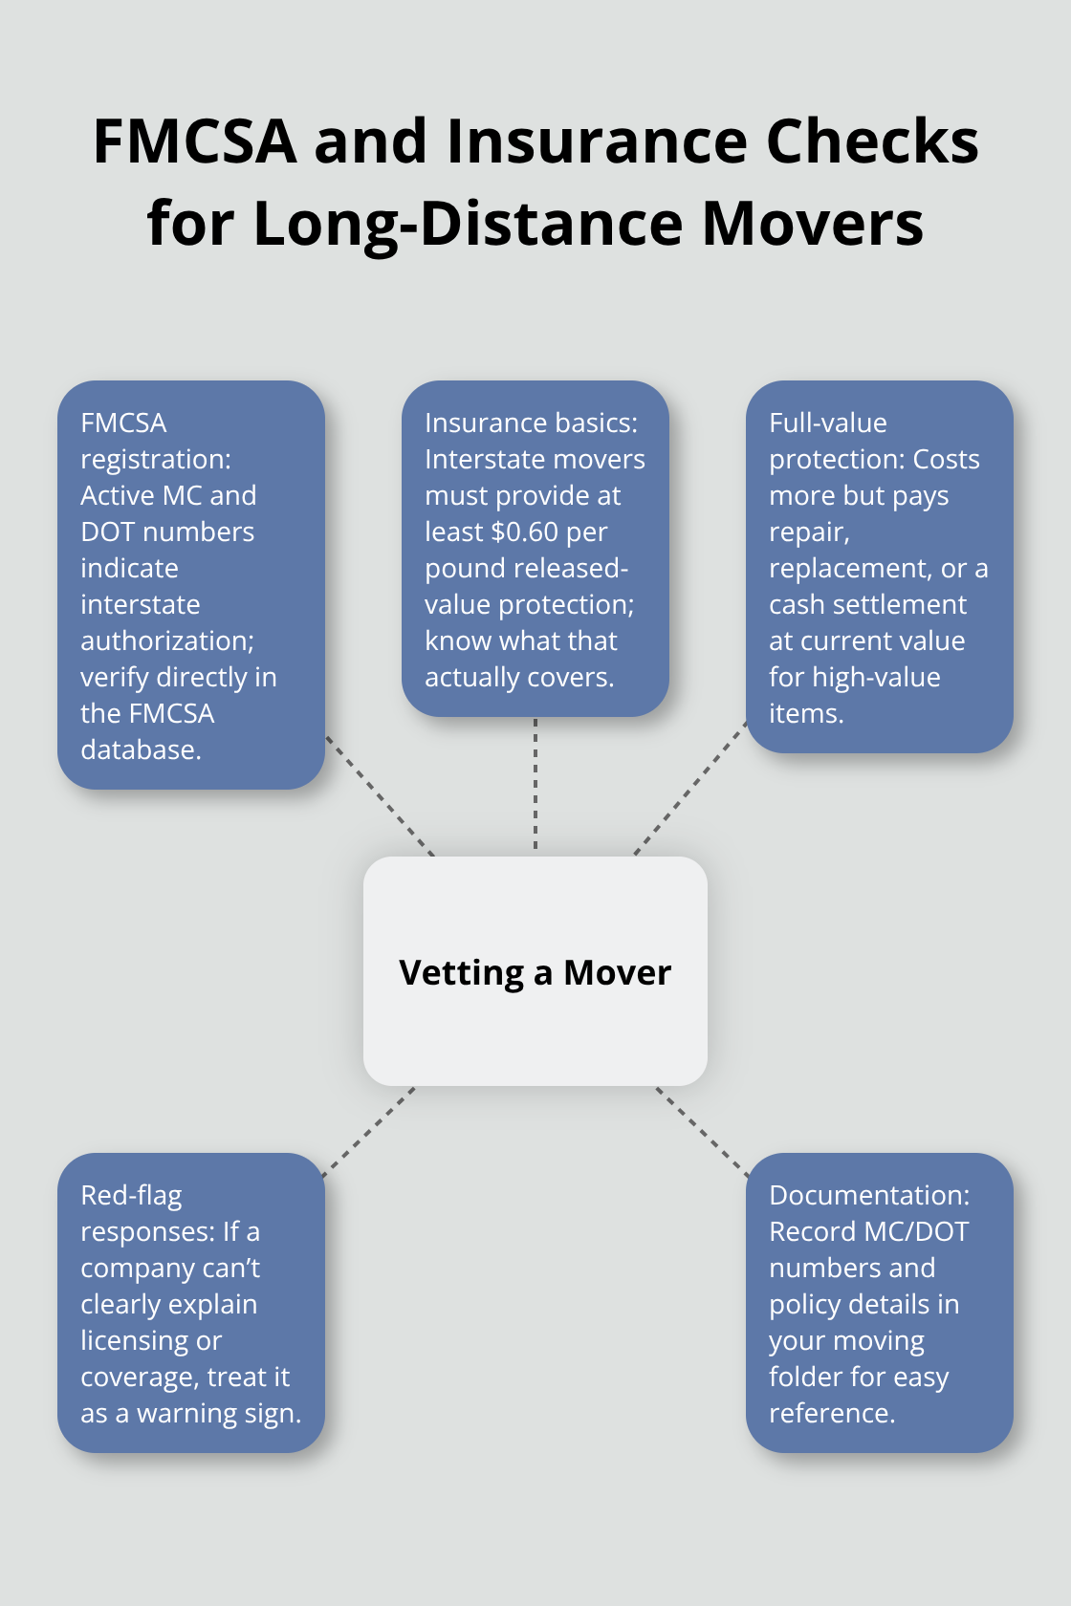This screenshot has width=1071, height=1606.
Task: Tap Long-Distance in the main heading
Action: pyautogui.click(x=468, y=224)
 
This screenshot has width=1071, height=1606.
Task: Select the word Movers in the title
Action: pyautogui.click(x=813, y=224)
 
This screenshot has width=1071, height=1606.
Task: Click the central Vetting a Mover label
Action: pyautogui.click(x=535, y=972)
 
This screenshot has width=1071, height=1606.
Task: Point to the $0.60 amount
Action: pyautogui.click(x=524, y=532)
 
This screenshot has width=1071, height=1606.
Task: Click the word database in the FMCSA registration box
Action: pyautogui.click(x=141, y=749)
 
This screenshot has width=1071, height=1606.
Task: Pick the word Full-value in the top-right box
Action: pyautogui.click(x=828, y=423)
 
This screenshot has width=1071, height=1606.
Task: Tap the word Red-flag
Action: pyautogui.click(x=131, y=1195)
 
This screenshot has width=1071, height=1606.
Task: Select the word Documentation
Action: pyautogui.click(x=868, y=1195)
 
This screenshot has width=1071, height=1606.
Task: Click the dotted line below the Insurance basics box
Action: pyautogui.click(x=535, y=784)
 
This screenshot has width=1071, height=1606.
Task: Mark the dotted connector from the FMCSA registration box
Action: pyautogui.click(x=381, y=795)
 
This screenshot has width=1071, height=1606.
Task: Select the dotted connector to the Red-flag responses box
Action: pyautogui.click(x=369, y=1132)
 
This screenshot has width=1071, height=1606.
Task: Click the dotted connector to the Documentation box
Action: pyautogui.click(x=703, y=1131)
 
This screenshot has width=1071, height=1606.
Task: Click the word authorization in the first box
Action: pyautogui.click(x=166, y=640)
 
